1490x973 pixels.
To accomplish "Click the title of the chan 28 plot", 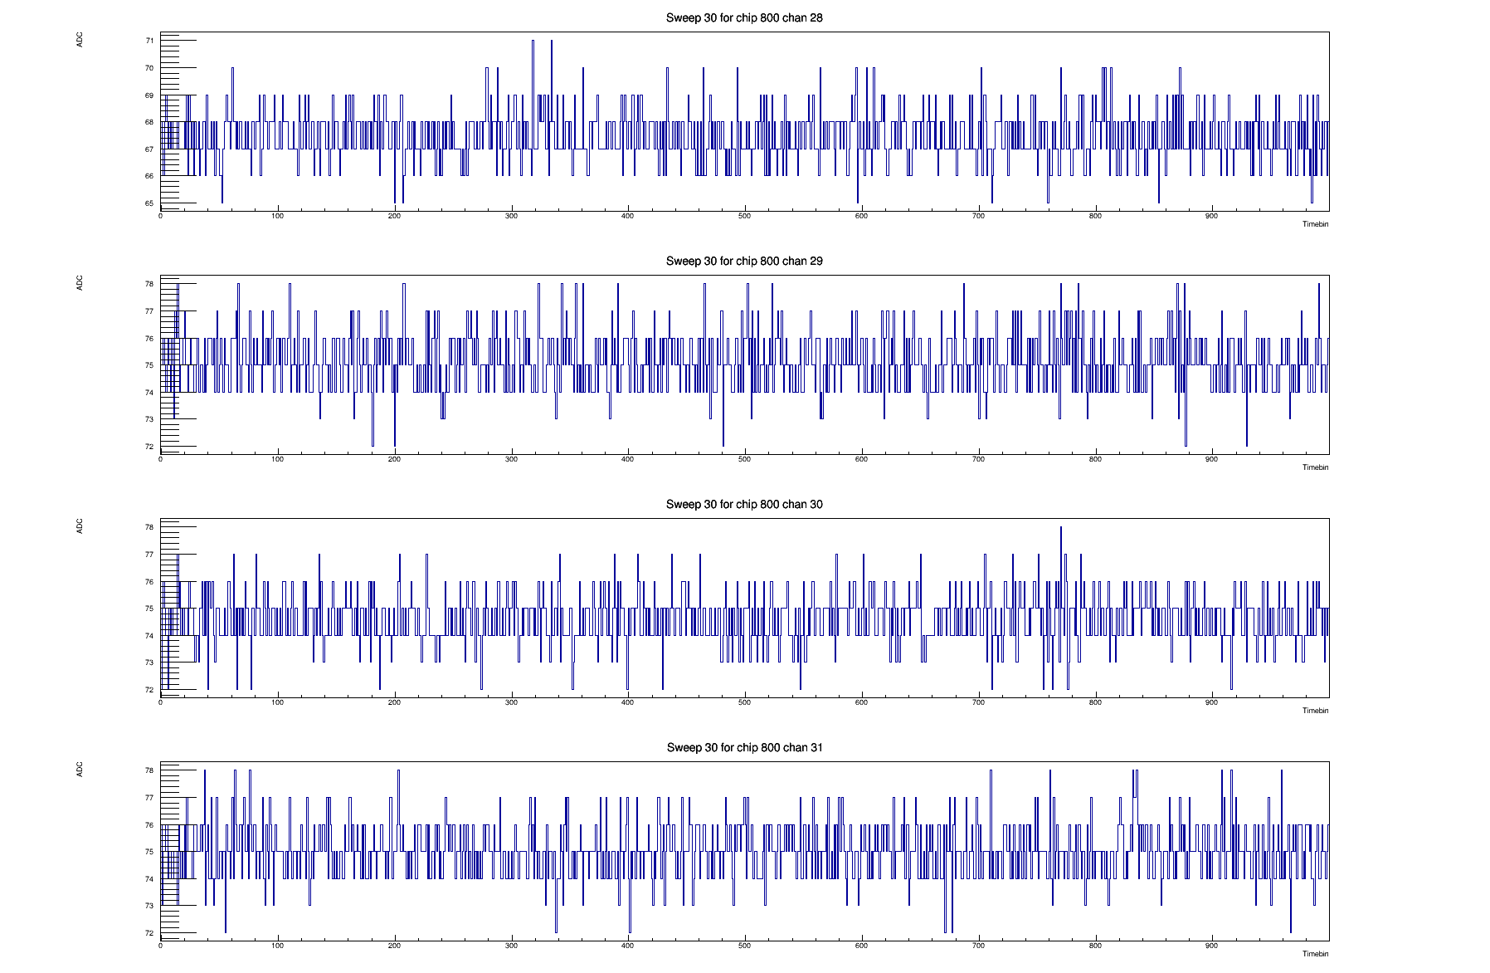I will click(744, 17).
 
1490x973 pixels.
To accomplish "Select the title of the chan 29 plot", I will click(744, 261).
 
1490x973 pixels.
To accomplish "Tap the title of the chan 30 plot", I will click(744, 504).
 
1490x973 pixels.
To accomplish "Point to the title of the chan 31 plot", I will click(744, 747).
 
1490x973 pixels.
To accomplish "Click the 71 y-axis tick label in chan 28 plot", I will click(149, 41).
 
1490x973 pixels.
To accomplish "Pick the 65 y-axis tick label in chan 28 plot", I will click(149, 203).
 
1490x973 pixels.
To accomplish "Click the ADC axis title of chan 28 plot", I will click(80, 39).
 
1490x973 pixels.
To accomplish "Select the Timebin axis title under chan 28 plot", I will click(1315, 224).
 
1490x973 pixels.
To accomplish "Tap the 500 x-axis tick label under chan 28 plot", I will click(744, 216).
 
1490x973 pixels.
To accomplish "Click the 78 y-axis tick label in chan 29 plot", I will click(149, 284).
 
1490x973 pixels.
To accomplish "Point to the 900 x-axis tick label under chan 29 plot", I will click(1211, 459).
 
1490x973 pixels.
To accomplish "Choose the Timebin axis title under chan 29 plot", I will click(1315, 467).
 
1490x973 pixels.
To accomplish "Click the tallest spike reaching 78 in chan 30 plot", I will click(1060, 529).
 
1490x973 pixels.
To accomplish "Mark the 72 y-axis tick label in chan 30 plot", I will click(149, 690).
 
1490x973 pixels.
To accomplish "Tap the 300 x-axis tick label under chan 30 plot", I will click(511, 702).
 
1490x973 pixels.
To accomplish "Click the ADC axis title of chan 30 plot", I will click(80, 526).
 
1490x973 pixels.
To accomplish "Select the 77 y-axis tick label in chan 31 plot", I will click(149, 798).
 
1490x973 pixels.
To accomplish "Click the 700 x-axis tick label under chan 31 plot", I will click(978, 946).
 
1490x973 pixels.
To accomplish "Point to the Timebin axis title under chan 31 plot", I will click(1315, 954).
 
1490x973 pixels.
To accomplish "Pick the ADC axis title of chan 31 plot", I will click(80, 769).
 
